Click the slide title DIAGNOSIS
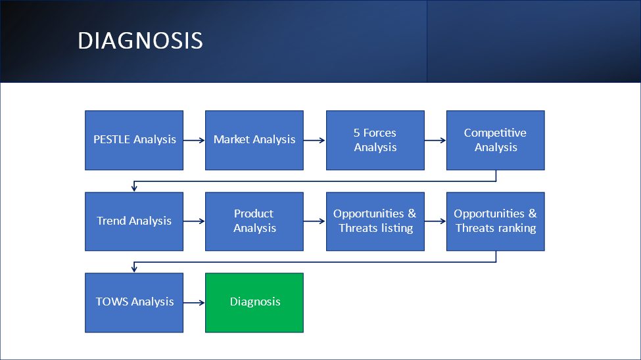tap(140, 41)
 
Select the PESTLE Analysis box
tap(134, 140)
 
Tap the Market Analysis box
tap(254, 140)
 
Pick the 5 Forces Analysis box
tap(375, 140)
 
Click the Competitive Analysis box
tap(496, 140)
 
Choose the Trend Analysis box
tap(134, 221)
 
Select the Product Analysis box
tap(254, 221)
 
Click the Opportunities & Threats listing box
tap(375, 221)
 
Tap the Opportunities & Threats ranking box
tap(496, 221)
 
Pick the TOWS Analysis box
tap(134, 303)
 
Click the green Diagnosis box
tap(254, 303)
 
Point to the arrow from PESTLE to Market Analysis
tap(194, 140)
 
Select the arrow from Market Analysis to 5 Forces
tap(314, 140)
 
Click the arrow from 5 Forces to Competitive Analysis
tap(435, 140)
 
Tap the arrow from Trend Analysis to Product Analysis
tap(194, 221)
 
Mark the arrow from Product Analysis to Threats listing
tap(314, 221)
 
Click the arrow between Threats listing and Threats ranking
tap(435, 221)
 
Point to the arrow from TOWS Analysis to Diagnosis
tap(194, 303)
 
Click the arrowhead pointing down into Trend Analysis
tap(134, 189)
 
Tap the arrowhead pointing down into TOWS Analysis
tap(134, 269)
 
